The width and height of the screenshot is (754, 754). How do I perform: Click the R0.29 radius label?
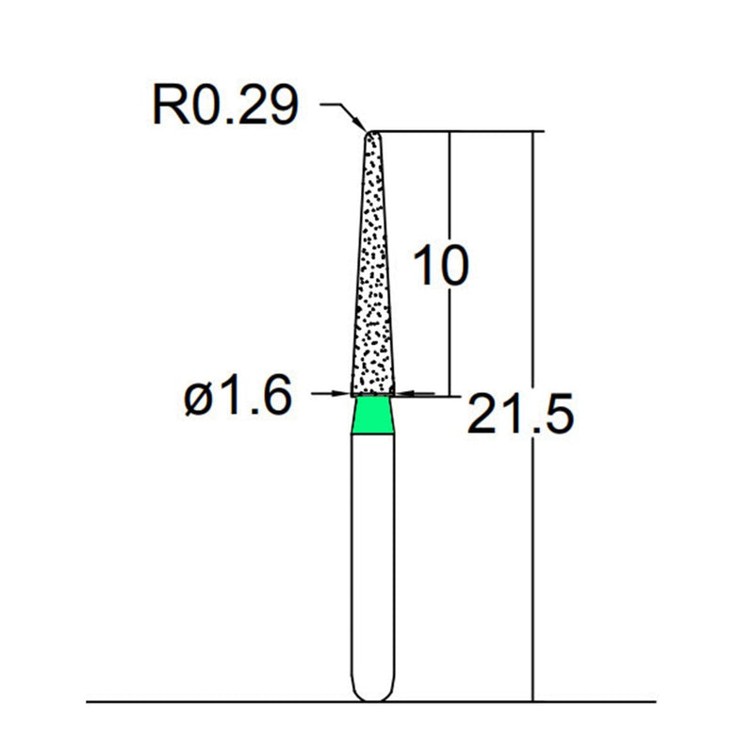(x=224, y=107)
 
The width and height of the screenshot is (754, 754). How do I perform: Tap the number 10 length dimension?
(x=439, y=267)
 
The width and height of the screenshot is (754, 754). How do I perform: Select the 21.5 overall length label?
(x=519, y=414)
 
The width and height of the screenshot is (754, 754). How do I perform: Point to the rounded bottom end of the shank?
(x=373, y=696)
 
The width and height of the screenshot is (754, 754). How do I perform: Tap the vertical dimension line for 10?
(x=449, y=188)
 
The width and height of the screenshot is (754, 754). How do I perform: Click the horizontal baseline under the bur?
(x=188, y=702)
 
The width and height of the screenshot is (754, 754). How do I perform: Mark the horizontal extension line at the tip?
(x=452, y=132)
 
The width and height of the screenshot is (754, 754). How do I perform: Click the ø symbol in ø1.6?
(x=202, y=400)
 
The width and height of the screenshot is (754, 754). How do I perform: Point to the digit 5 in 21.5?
(x=553, y=414)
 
